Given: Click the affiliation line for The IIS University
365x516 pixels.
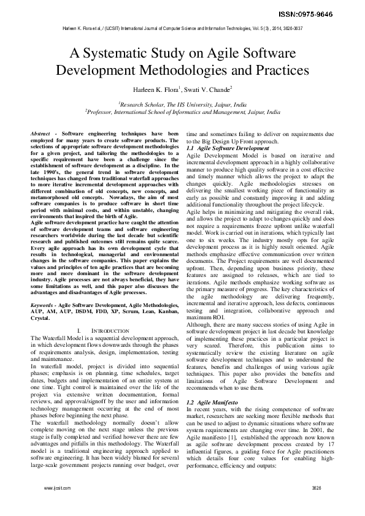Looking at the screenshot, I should (183, 105).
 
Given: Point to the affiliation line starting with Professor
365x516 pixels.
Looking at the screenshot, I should (183, 113).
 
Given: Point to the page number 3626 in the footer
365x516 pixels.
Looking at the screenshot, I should (316, 506).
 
